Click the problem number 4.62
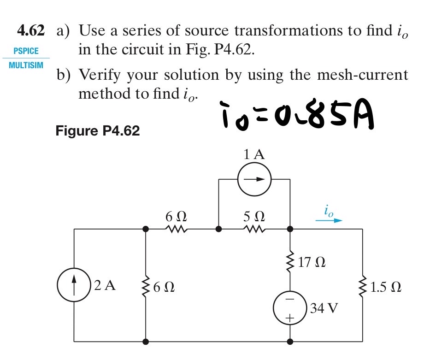click(31, 31)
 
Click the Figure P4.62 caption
click(97, 131)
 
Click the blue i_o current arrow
click(329, 220)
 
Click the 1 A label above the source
click(254, 155)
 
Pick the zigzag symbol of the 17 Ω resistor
click(290, 261)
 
